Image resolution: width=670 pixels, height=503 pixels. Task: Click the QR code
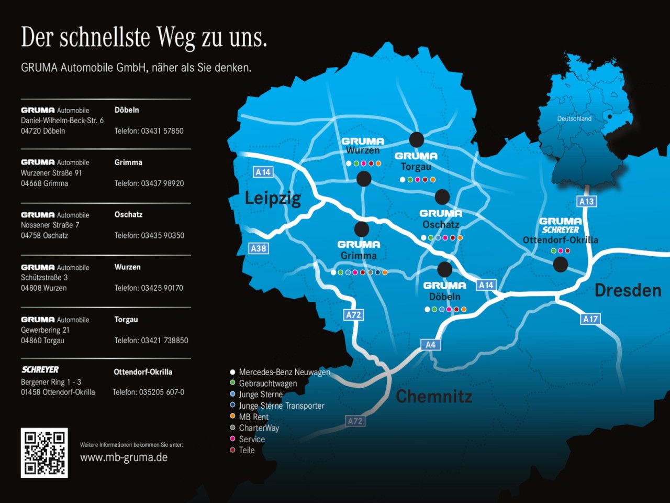pos(44,453)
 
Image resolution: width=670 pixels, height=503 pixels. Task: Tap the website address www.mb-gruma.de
pos(124,457)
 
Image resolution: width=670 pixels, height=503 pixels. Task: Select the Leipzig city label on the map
pos(273,199)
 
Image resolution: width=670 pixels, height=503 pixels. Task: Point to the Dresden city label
pos(628,290)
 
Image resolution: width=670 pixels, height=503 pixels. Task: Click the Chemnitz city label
pos(434,396)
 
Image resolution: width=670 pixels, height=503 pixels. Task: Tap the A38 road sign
pos(258,248)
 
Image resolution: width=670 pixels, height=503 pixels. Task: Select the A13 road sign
pos(586,201)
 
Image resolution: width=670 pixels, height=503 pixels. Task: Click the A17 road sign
pos(590,319)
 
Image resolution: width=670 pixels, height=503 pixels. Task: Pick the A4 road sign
pos(430,344)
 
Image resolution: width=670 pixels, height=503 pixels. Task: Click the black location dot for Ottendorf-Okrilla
pos(560,265)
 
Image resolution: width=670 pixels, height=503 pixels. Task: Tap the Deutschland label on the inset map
pos(574,119)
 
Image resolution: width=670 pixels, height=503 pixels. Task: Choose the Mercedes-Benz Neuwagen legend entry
pos(284,372)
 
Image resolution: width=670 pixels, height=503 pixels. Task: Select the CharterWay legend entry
pos(259,428)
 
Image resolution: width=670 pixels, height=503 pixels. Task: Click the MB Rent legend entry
pos(253,417)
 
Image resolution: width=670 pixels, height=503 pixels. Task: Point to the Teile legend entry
pos(247,450)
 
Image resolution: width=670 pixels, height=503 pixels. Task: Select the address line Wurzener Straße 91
pos(51,173)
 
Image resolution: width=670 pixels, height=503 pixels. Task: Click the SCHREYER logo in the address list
pos(40,369)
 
